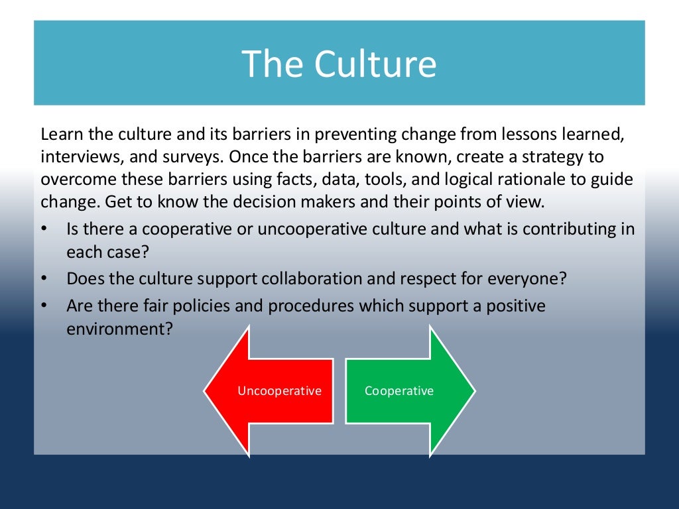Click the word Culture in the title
tap(375, 64)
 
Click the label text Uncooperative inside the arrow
tap(279, 391)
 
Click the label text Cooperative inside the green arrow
tap(399, 391)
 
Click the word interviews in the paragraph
tap(78, 158)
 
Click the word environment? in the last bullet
tap(120, 329)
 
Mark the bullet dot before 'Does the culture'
tap(44, 278)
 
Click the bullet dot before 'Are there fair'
tap(44, 306)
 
